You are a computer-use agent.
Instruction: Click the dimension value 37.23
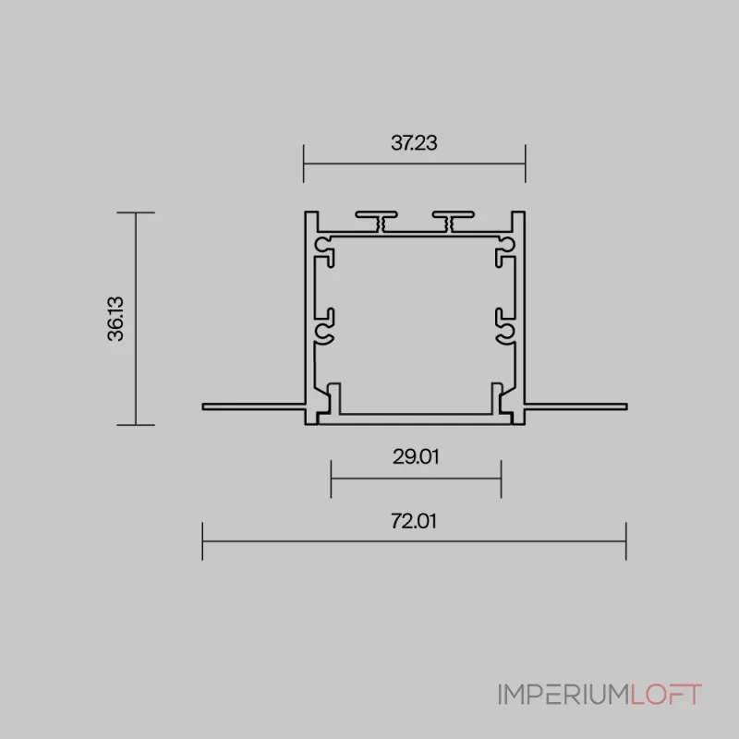coord(414,143)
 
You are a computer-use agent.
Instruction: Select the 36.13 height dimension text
coord(115,319)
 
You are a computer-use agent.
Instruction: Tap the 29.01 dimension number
coord(416,456)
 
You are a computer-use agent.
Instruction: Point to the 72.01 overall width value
coord(414,521)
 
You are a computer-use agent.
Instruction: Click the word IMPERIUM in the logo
coord(564,695)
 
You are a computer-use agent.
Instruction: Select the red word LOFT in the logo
coord(666,695)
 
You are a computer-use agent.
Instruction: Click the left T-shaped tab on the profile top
coord(377,221)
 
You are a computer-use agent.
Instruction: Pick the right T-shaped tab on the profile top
coord(454,221)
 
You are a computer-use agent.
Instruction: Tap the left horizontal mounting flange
coord(253,406)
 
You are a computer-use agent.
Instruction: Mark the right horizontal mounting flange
coord(575,406)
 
